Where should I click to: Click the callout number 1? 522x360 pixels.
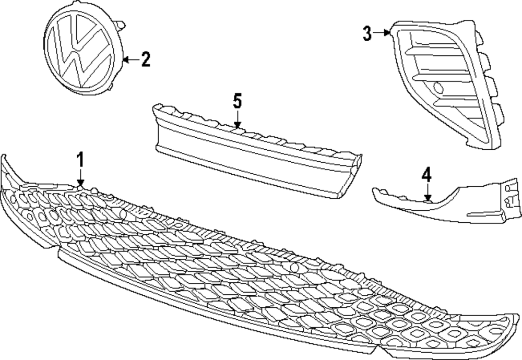80,159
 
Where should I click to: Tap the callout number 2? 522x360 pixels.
145,59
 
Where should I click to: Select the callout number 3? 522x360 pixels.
367,34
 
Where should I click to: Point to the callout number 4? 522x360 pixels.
427,175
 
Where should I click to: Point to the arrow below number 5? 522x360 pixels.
238,119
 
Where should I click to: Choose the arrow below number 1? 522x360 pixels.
80,176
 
